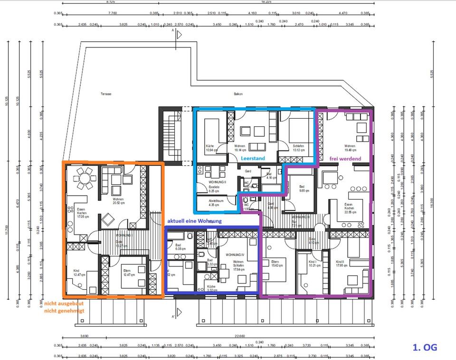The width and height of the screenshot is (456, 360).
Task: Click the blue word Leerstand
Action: pyautogui.click(x=252, y=158)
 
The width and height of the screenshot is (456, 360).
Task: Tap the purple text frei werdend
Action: pyautogui.click(x=345, y=158)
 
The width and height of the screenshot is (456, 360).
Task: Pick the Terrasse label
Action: pyautogui.click(x=105, y=94)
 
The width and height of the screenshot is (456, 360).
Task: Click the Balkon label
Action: pyautogui.click(x=238, y=94)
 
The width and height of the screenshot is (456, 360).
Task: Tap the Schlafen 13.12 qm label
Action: pyautogui.click(x=299, y=148)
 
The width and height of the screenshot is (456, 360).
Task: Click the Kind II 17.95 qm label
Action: pyautogui.click(x=340, y=264)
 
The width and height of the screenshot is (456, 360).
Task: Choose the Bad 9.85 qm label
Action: pyautogui.click(x=304, y=189)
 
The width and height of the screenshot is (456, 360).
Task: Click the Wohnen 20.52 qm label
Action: pyautogui.click(x=119, y=201)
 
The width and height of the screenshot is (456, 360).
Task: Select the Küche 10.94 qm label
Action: pyautogui.click(x=210, y=148)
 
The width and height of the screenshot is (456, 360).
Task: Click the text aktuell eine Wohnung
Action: pyautogui.click(x=194, y=221)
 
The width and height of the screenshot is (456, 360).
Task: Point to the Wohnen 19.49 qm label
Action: pyautogui.click(x=350, y=148)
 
